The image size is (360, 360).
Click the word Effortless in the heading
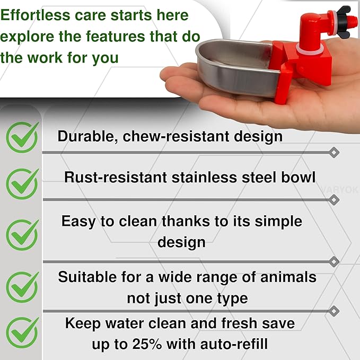click(x=35, y=15)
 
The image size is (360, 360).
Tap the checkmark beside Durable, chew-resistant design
click(x=22, y=137)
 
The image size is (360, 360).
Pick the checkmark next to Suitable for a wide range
click(x=22, y=287)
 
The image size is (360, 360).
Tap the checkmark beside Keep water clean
click(x=22, y=333)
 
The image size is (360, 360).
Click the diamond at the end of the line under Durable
click(x=333, y=153)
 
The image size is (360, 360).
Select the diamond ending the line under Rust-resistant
click(x=333, y=200)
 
